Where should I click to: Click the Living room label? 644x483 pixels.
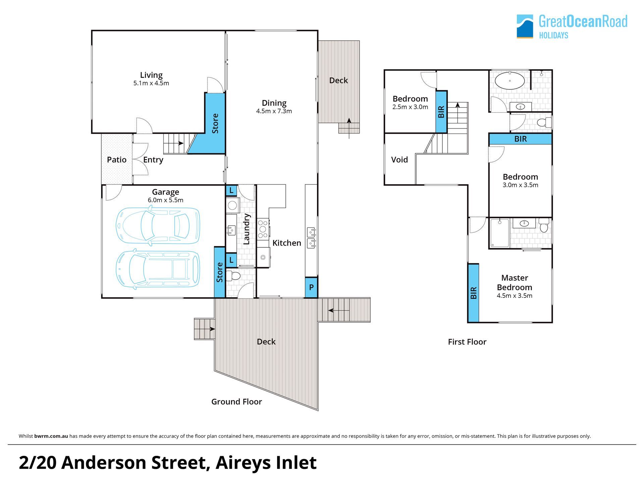(151, 75)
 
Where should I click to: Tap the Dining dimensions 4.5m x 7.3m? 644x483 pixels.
(274, 111)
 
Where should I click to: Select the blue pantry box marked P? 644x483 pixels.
(311, 287)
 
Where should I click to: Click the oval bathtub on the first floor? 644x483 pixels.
(510, 81)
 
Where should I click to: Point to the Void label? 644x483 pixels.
(399, 160)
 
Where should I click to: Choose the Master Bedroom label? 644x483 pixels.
(515, 282)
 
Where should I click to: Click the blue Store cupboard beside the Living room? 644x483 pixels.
(215, 123)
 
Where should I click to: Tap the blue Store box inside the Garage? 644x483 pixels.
(220, 272)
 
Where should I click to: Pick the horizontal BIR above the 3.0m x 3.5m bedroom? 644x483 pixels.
(520, 139)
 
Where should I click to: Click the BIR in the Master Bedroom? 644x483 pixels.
(473, 293)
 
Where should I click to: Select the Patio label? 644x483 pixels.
(117, 160)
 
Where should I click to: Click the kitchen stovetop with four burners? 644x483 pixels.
(263, 229)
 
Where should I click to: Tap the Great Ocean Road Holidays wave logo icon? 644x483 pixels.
(525, 26)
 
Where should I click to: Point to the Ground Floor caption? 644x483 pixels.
(236, 401)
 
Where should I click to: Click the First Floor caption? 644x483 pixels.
(467, 342)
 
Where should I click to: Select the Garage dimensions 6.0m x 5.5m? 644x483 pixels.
(165, 200)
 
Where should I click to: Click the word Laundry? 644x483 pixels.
(247, 229)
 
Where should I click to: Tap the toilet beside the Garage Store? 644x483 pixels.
(233, 276)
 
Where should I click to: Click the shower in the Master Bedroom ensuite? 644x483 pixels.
(500, 233)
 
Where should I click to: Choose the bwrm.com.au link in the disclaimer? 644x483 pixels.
(51, 436)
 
